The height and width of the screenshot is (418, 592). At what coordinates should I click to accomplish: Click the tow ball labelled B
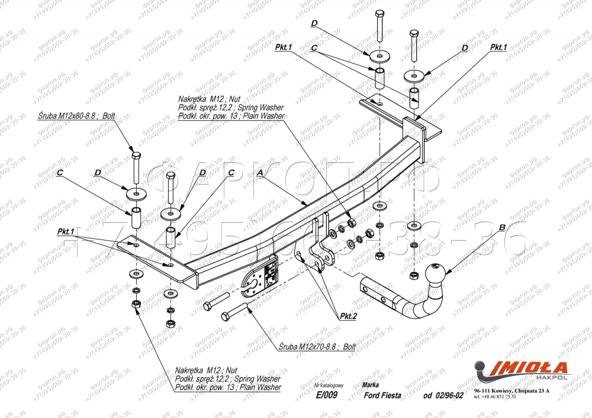[436, 273]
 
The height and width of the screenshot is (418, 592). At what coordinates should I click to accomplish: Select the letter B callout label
[502, 226]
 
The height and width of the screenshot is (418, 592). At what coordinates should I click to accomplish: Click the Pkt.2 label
[349, 315]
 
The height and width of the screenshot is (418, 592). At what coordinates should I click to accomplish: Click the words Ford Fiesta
[381, 396]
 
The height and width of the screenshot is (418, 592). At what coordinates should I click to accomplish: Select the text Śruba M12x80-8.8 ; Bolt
[75, 116]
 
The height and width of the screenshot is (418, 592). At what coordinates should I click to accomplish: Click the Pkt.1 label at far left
[66, 231]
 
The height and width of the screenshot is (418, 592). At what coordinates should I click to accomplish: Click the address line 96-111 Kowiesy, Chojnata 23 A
[511, 391]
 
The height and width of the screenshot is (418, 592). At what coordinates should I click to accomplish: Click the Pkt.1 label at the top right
[498, 47]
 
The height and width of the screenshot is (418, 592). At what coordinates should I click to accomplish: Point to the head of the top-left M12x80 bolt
[136, 155]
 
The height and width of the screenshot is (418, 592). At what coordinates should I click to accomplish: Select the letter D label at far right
[465, 47]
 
